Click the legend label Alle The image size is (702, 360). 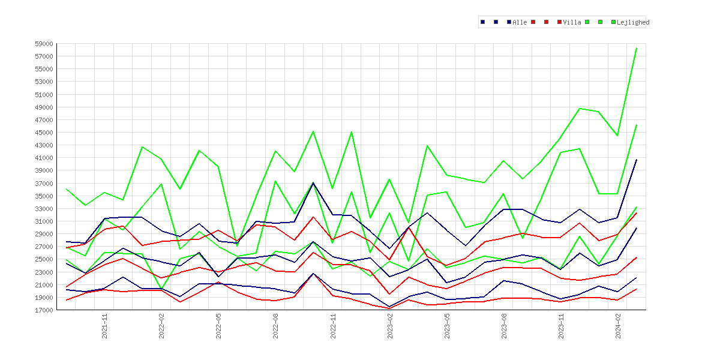520,22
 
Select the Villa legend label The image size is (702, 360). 572,22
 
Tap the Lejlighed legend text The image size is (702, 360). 633,22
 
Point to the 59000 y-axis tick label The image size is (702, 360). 44,44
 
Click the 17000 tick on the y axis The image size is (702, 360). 44,310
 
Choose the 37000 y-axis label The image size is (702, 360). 44,183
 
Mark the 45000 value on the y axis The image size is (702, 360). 44,133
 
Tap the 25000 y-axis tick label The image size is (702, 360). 44,259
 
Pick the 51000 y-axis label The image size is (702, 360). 44,94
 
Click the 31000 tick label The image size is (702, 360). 44,221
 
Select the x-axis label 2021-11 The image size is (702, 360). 104,326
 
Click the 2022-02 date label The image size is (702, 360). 161,326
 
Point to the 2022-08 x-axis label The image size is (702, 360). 276,326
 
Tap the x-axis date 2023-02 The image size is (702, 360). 390,326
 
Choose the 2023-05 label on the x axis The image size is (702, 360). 447,326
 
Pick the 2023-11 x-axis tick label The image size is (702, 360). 561,326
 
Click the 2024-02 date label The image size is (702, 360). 618,326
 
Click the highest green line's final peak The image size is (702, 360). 637,48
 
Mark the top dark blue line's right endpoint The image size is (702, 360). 637,160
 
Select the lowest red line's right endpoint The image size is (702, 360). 637,289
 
